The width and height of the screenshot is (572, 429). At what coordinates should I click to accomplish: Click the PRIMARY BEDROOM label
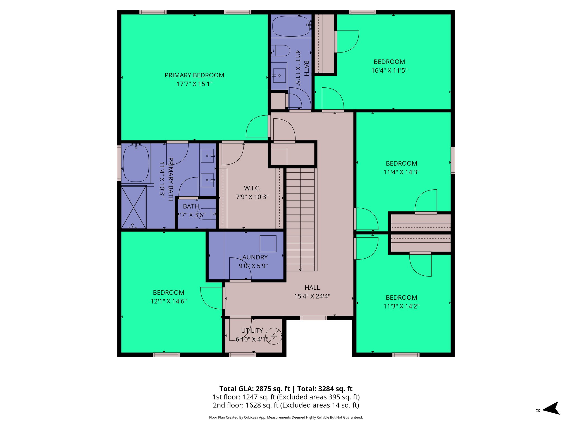[x=194, y=75]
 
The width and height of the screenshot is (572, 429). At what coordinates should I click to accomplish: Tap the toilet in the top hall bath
[x=281, y=51]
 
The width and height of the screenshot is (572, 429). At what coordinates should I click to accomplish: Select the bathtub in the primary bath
[x=136, y=163]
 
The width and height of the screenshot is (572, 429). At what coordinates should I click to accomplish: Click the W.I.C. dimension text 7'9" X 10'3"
[x=252, y=197]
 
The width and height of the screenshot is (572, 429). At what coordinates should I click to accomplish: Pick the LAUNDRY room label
[x=253, y=257]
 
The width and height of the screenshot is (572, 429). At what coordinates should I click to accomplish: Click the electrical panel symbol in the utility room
[x=273, y=336]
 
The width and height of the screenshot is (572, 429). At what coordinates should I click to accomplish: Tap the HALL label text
[x=312, y=287]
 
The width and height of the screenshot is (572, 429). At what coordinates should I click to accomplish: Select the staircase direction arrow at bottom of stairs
[x=300, y=269]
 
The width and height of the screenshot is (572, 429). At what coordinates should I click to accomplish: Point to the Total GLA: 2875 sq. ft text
[x=254, y=389]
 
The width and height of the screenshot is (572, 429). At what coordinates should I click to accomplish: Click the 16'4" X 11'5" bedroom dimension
[x=389, y=70]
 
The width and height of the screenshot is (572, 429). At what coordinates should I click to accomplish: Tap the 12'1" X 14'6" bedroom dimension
[x=168, y=301]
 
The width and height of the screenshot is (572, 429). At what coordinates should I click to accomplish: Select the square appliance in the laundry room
[x=268, y=244]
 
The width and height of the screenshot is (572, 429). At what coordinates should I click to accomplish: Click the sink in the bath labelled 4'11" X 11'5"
[x=279, y=75]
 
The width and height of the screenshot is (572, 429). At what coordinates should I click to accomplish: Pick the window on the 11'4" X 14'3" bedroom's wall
[x=453, y=161]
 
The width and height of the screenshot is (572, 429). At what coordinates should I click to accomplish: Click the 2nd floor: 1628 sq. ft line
[x=286, y=405]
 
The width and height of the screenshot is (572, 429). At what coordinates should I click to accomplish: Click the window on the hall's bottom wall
[x=313, y=318]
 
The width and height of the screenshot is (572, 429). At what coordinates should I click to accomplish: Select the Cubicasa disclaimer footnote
[x=286, y=417]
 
